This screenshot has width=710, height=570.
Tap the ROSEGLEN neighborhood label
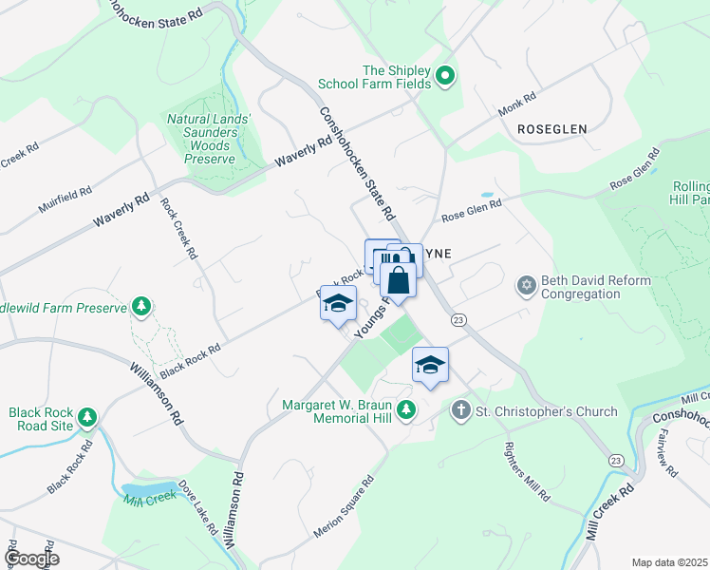click(552, 128)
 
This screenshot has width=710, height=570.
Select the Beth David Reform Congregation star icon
click(527, 285)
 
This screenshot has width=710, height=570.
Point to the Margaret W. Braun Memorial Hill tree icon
click(406, 410)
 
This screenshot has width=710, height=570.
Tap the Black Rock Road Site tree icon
click(87, 417)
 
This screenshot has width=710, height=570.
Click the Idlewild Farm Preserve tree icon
click(141, 306)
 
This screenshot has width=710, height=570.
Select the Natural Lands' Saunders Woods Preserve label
click(209, 139)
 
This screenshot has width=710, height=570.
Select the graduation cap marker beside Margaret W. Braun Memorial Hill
click(430, 365)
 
